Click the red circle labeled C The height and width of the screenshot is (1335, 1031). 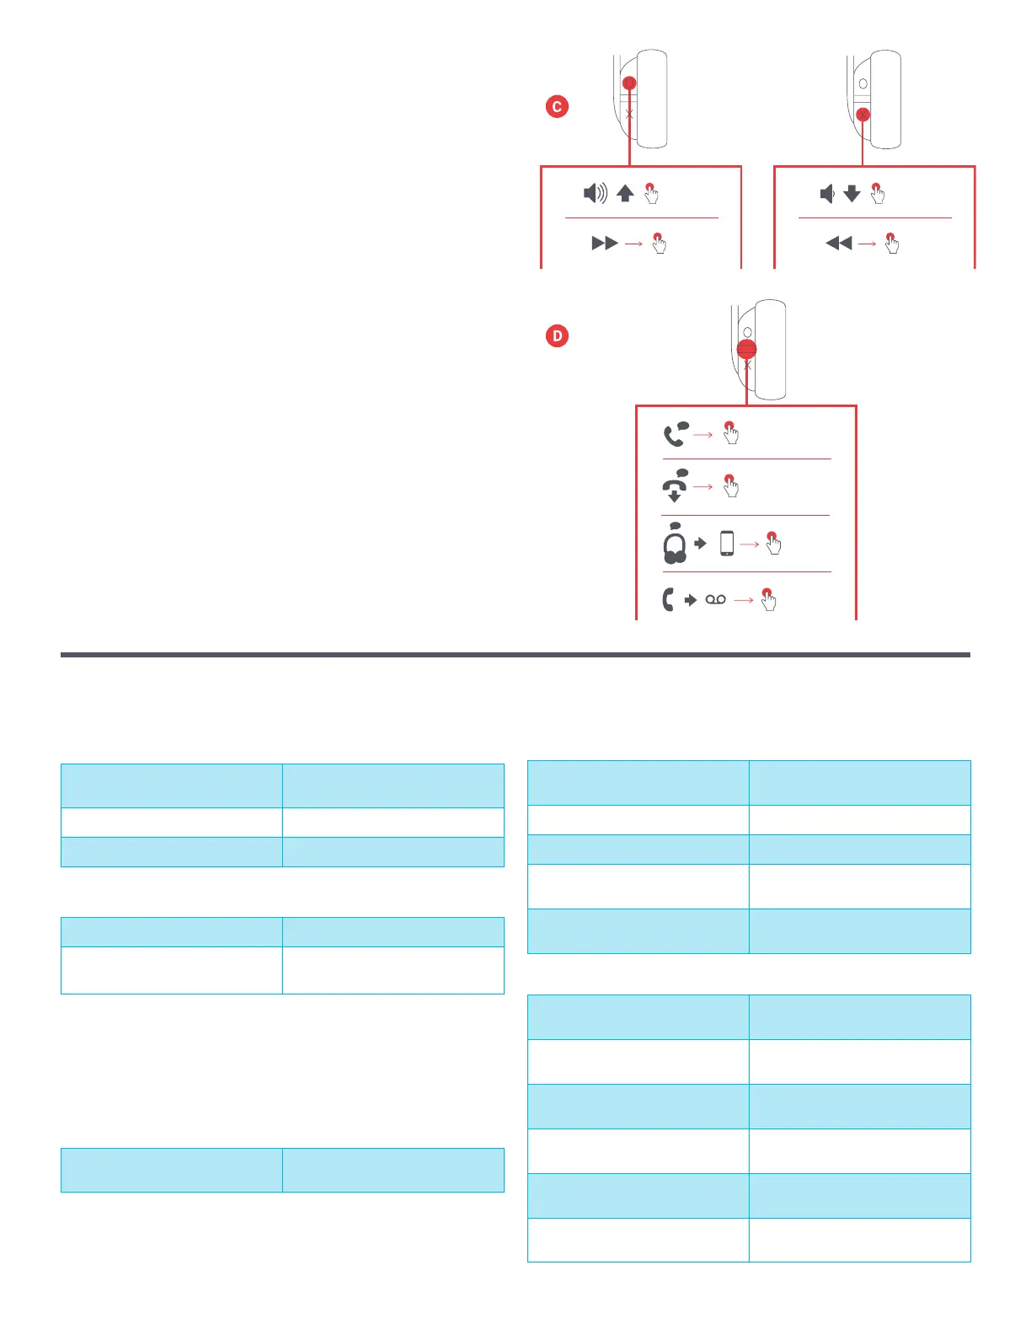557,107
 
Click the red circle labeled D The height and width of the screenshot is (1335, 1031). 557,336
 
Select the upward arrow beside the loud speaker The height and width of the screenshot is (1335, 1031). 625,194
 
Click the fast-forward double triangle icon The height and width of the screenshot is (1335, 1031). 605,244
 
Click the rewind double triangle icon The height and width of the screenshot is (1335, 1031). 838,244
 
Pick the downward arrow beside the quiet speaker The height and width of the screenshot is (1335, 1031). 852,194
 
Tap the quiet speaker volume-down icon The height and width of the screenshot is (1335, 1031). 827,194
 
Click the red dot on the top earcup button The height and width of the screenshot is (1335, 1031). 629,83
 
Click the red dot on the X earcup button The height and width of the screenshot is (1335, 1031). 863,115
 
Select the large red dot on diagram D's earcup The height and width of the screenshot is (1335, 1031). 746,350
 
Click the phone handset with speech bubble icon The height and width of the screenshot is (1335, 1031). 676,434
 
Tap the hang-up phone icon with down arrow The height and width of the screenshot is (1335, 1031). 675,486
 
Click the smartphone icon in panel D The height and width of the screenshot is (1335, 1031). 727,544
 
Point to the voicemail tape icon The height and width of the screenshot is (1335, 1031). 716,600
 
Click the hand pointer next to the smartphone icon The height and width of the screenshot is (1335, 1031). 773,544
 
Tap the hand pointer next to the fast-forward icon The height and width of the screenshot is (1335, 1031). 659,244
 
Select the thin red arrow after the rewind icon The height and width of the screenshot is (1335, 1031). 868,244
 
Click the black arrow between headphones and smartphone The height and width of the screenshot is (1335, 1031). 700,544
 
